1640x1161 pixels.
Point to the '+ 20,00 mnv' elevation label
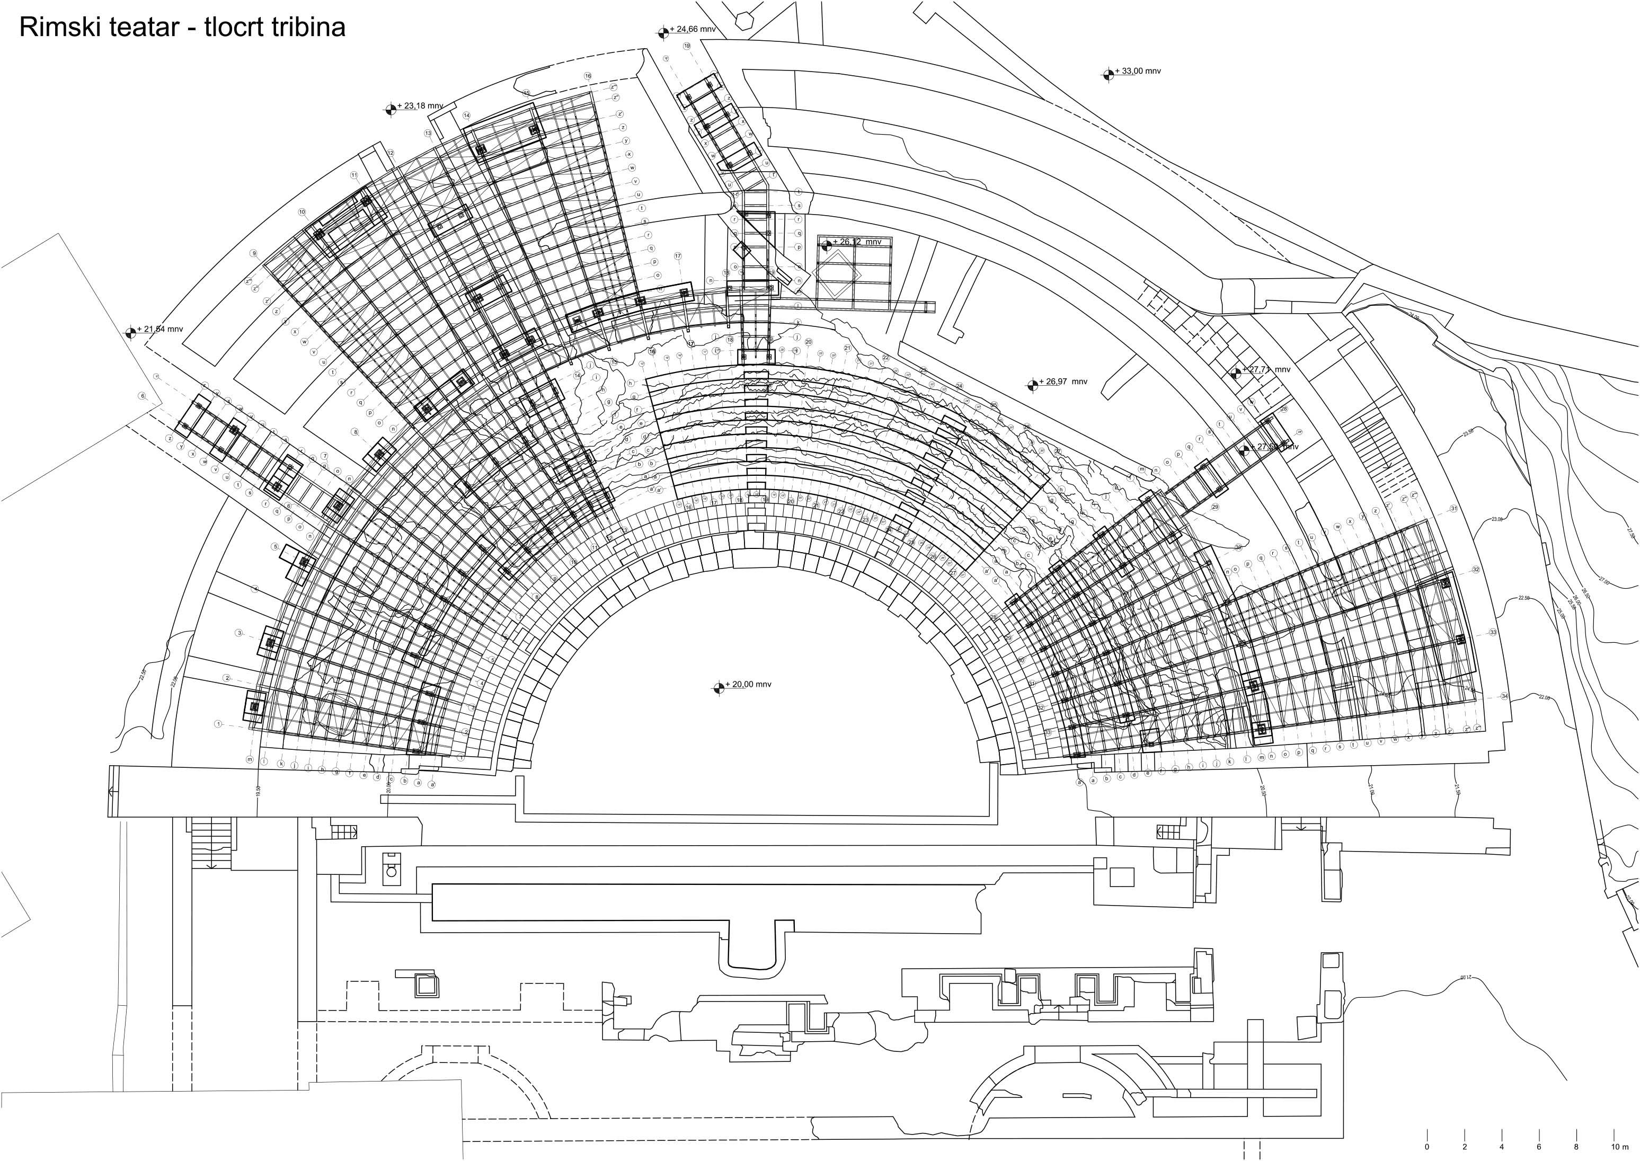pyautogui.click(x=749, y=684)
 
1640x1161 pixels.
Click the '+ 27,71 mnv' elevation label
pyautogui.click(x=1269, y=370)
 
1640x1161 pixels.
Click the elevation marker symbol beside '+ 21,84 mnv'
pyautogui.click(x=130, y=332)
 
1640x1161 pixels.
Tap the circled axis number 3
pyautogui.click(x=239, y=633)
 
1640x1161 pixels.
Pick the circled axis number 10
pyautogui.click(x=302, y=212)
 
